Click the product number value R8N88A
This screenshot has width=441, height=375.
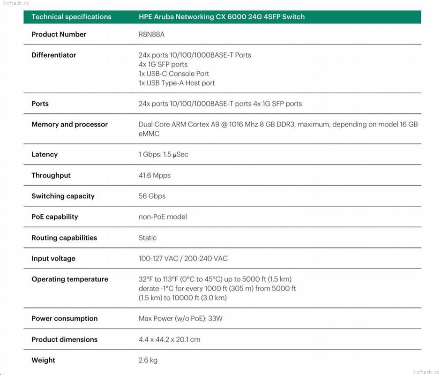click(x=151, y=34)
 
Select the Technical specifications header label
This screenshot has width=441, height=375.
click(x=71, y=17)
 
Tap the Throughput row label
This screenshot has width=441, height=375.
click(x=51, y=175)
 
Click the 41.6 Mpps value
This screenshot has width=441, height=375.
click(x=155, y=175)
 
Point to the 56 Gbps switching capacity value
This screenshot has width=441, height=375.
click(x=152, y=196)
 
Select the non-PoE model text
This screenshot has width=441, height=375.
click(x=163, y=217)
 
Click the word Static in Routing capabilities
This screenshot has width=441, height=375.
click(x=148, y=238)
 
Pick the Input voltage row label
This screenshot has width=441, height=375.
click(x=53, y=258)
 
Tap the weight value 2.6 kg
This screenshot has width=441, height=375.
click(x=148, y=360)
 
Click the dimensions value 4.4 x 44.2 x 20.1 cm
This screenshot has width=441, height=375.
click(x=169, y=339)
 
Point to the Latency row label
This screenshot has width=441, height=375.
click(x=45, y=154)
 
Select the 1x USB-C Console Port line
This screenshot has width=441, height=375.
click(x=174, y=74)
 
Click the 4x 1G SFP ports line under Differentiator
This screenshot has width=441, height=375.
click(x=163, y=64)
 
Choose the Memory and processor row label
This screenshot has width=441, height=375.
click(x=69, y=124)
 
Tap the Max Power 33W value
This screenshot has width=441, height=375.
click(x=180, y=318)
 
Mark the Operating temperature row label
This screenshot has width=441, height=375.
click(x=70, y=279)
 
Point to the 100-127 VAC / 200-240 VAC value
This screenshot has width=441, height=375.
click(x=183, y=258)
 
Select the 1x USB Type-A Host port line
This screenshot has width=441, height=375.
click(x=177, y=83)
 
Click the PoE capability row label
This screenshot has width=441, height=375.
click(x=55, y=217)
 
